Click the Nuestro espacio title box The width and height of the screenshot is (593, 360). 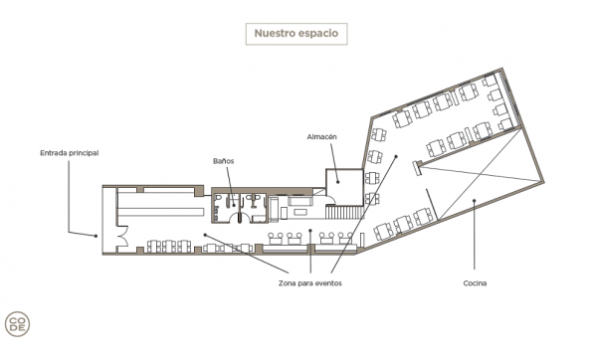point(296,34)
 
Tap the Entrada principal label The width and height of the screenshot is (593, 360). point(70,153)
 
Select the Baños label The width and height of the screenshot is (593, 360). point(224,161)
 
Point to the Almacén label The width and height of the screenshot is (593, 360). point(321,137)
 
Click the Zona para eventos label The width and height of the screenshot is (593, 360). point(310,283)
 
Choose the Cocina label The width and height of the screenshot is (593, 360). point(475,283)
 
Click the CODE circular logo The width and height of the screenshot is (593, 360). point(17,324)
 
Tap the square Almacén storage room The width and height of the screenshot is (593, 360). point(344,187)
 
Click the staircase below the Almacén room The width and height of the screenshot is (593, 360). point(344,212)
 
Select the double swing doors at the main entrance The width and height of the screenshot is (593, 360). point(123,237)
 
